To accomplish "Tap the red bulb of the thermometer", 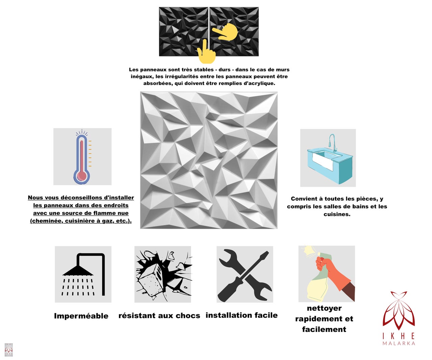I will (82, 176).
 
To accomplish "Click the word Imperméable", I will (81, 316).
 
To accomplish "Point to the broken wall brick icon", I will (163, 274).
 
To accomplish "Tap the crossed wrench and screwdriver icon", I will (245, 274).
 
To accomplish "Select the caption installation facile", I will (242, 315).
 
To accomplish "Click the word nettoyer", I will (324, 308).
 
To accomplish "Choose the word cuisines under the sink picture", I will (337, 214).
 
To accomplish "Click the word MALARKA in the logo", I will (399, 343).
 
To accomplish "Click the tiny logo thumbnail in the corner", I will (9, 350).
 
